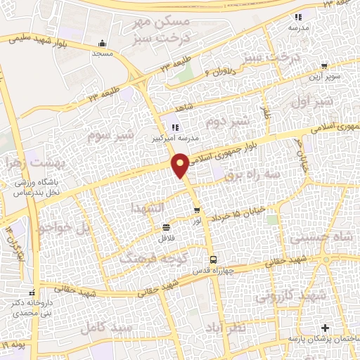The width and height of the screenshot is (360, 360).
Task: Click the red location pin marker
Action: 181,166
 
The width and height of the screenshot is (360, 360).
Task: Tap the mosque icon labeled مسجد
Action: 103,42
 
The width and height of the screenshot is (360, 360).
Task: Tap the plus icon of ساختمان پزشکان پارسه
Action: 325,328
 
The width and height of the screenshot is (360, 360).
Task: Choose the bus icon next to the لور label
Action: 197,210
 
